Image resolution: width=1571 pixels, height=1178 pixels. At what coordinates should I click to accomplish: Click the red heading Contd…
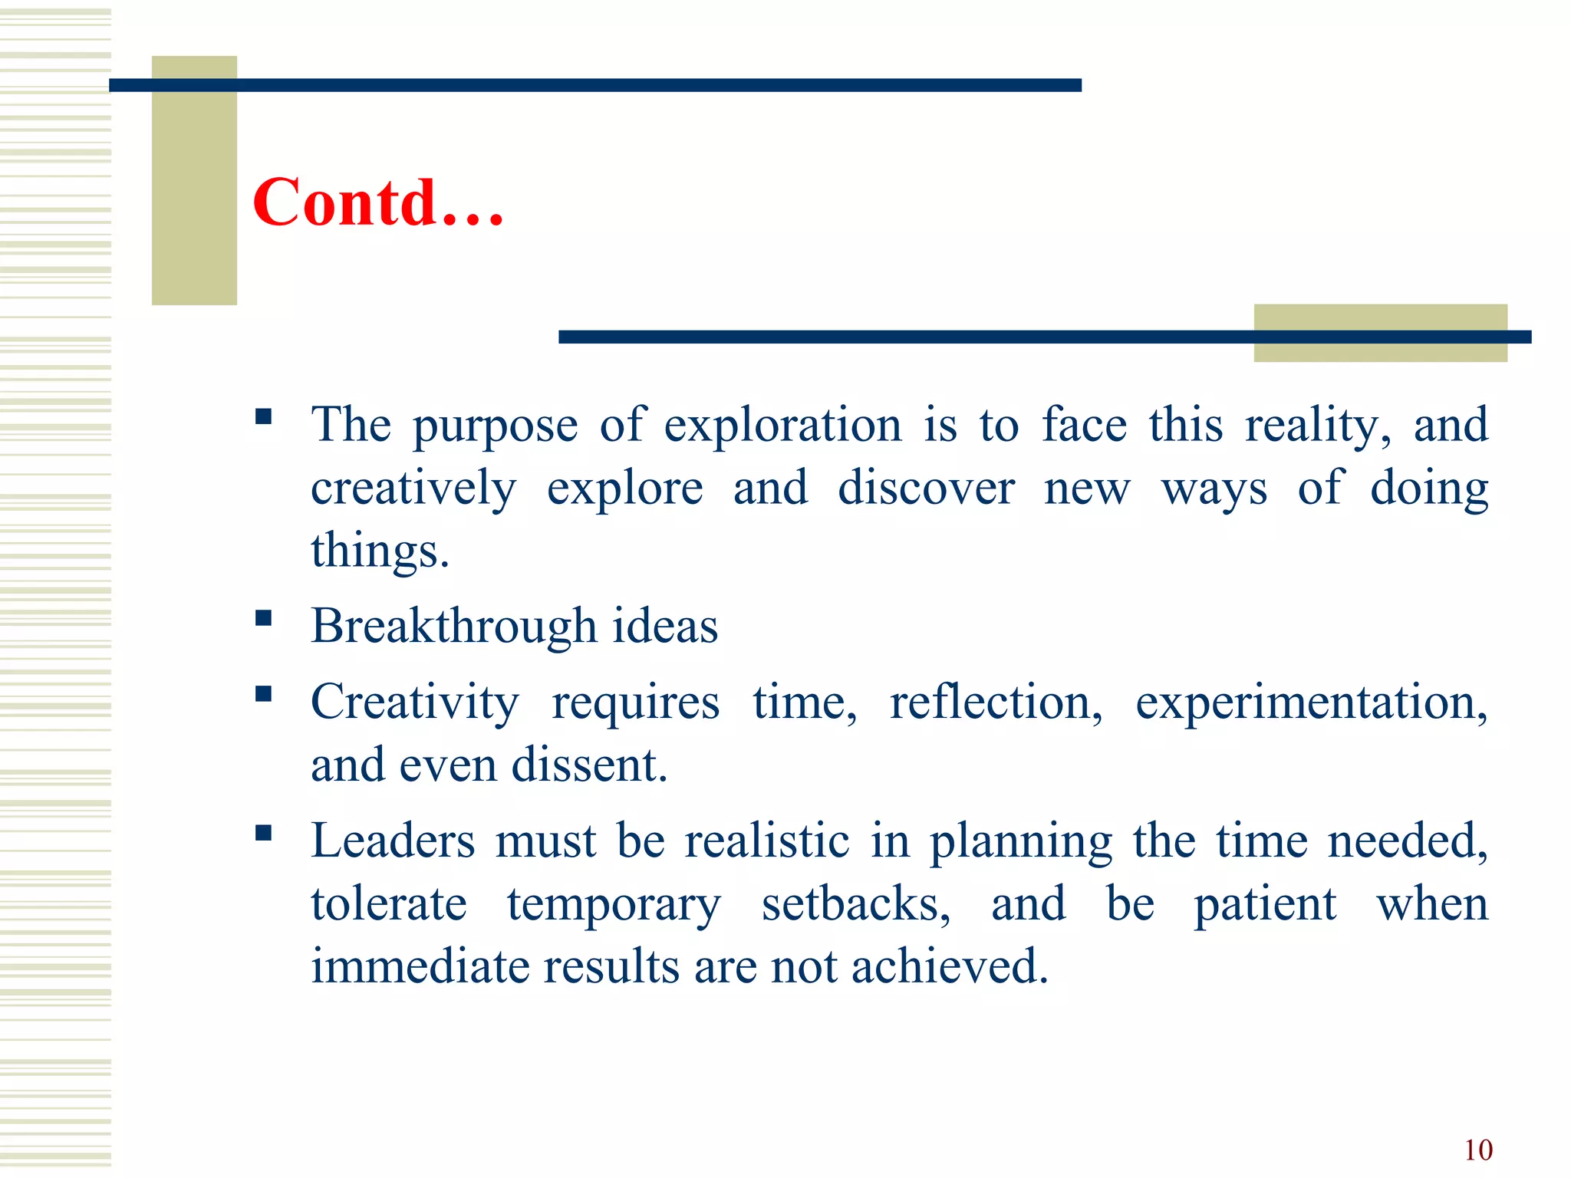pos(377,202)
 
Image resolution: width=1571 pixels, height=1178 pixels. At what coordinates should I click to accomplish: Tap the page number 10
pos(1478,1150)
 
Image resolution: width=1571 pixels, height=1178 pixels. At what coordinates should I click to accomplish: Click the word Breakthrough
pos(453,627)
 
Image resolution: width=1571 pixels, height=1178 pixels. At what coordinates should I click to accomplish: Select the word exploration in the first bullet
pos(782,426)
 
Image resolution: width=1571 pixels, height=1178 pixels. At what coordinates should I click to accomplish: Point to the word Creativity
pos(414,703)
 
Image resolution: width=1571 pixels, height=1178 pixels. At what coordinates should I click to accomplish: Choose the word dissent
pos(588,765)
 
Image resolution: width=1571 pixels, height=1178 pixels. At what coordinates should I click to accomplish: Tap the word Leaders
pos(393,841)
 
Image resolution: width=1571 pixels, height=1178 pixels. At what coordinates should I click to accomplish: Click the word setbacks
pos(855,904)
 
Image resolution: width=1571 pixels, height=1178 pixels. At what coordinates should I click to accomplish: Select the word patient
pos(1265,904)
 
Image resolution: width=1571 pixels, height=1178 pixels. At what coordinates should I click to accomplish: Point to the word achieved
pos(949,966)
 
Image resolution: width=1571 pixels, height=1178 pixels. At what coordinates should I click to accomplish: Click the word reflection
pos(996,703)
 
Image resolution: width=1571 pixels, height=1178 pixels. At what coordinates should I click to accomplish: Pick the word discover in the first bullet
pos(926,489)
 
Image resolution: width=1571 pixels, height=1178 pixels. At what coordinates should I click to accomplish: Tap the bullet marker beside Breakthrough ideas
pos(264,618)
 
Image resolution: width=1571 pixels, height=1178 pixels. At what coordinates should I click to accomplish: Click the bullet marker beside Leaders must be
pos(264,833)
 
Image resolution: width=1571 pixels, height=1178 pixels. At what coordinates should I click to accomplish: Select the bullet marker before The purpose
pos(264,417)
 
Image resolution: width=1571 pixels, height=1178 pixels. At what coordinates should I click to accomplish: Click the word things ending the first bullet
pos(379,551)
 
